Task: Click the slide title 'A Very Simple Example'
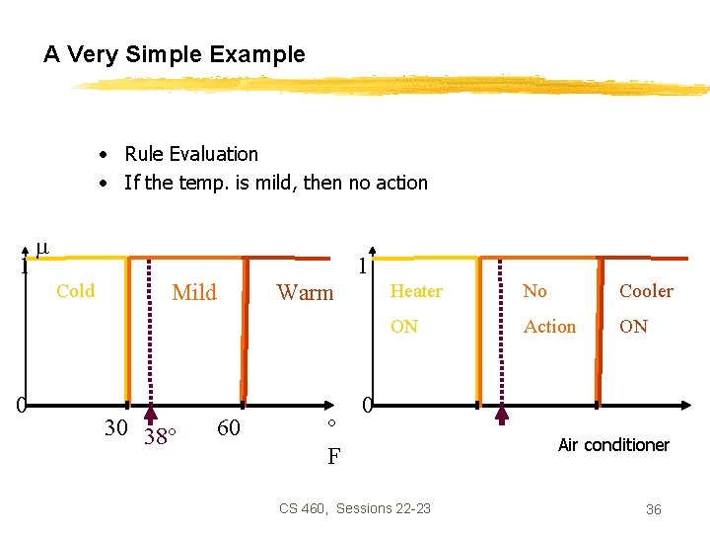(x=175, y=55)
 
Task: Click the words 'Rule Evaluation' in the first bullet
(x=190, y=154)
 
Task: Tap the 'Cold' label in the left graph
(x=76, y=291)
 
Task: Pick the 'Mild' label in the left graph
(x=194, y=292)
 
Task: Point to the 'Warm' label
(x=305, y=292)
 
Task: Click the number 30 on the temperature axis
(x=115, y=427)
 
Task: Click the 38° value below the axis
(x=159, y=436)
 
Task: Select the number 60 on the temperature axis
(x=228, y=427)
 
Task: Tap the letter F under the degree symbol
(x=333, y=457)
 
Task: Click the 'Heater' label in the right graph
(x=416, y=291)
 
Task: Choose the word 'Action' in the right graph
(x=549, y=327)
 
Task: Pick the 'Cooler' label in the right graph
(x=646, y=291)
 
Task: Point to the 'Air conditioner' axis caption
(x=613, y=445)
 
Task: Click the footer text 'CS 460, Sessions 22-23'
(x=355, y=508)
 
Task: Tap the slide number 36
(x=653, y=509)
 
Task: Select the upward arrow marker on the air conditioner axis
(x=501, y=414)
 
